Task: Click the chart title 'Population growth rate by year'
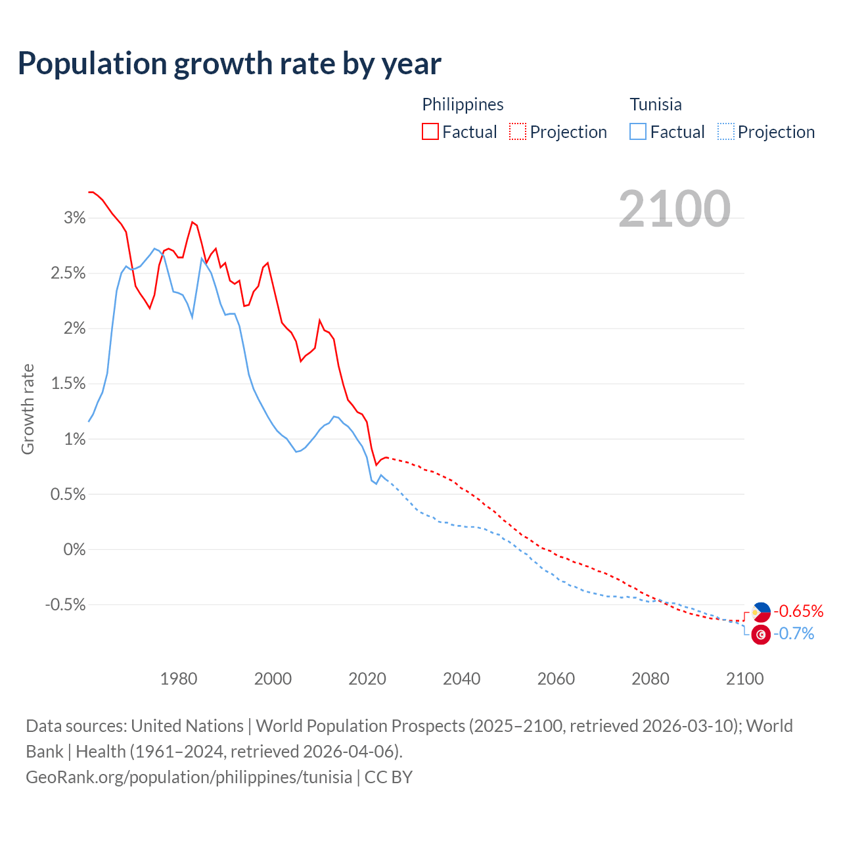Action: click(x=229, y=64)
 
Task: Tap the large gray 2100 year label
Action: click(x=674, y=209)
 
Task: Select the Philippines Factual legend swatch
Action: click(x=430, y=132)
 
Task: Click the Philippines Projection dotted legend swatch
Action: click(x=518, y=132)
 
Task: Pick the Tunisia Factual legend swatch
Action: click(x=638, y=132)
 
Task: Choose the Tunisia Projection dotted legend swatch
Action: click(x=726, y=132)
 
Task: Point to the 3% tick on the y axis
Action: click(x=74, y=218)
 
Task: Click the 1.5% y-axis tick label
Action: click(x=68, y=384)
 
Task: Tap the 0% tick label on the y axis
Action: click(x=74, y=549)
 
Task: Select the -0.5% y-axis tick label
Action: click(x=65, y=604)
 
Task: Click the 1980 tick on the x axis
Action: click(x=179, y=679)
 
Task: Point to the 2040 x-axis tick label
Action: click(x=461, y=679)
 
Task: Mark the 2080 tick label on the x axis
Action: click(x=650, y=679)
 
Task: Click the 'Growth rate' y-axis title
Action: click(x=28, y=409)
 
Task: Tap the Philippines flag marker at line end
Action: click(x=761, y=612)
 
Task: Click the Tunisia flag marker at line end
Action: click(x=761, y=635)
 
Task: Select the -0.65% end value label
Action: click(x=798, y=612)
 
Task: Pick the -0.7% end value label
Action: click(x=794, y=634)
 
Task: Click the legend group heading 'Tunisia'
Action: click(x=656, y=104)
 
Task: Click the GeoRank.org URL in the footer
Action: click(x=189, y=777)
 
